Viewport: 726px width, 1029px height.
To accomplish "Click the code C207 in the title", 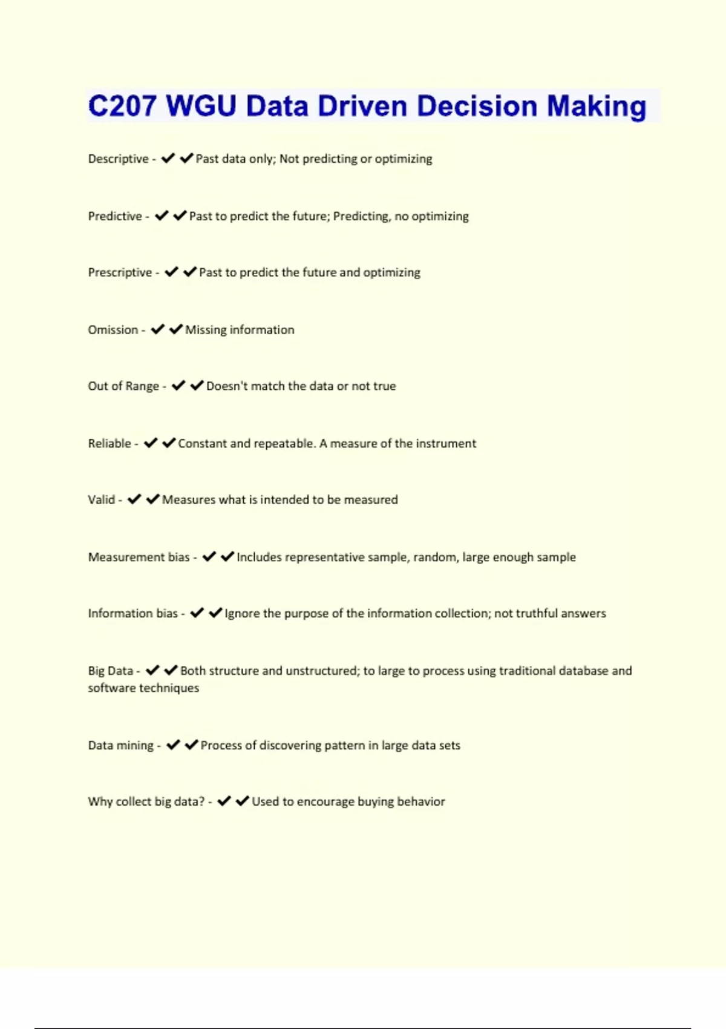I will (122, 106).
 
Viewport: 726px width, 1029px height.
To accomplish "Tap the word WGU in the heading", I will (201, 106).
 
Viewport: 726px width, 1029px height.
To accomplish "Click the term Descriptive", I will (118, 159).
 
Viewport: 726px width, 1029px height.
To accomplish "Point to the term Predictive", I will (115, 216).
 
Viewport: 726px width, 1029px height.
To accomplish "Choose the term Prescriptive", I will (120, 272).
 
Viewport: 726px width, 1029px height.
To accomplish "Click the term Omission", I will (113, 330).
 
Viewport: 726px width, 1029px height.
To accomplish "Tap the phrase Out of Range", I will (123, 386).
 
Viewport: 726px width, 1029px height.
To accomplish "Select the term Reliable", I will (110, 443).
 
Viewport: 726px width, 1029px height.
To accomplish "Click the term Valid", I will (101, 499).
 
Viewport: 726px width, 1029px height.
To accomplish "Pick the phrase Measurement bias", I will (139, 557).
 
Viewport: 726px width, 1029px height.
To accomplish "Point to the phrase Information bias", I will (132, 613).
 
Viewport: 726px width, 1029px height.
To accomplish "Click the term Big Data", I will (110, 671).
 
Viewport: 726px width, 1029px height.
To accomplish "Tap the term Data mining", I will (120, 745).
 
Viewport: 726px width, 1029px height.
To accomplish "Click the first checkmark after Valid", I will (134, 499).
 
